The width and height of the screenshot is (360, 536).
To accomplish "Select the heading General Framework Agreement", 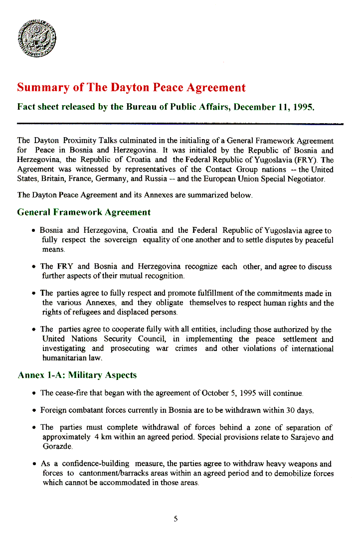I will [x=84, y=212].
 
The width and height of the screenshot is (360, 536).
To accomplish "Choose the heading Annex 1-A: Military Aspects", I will [x=77, y=375].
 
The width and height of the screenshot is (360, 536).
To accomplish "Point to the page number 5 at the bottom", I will [x=176, y=519].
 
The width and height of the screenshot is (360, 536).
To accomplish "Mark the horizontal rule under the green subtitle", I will [x=180, y=123].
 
